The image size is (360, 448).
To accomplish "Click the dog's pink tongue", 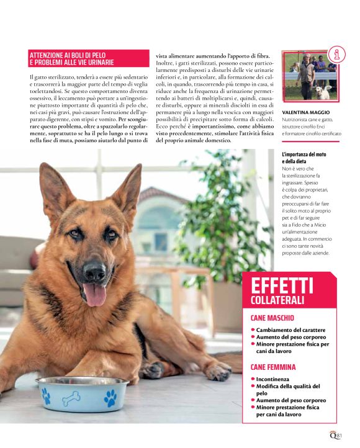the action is coord(94,293).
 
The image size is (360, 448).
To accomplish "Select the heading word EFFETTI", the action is coord(282,287).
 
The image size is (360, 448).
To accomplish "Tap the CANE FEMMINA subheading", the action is coord(273,367).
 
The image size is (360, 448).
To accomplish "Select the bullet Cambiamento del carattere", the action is coord(292,329).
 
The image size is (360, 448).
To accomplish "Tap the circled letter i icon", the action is coord(335,55).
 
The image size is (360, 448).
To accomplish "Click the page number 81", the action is coord(340,434).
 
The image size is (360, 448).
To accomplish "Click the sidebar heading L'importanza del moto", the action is coord(304,154).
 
